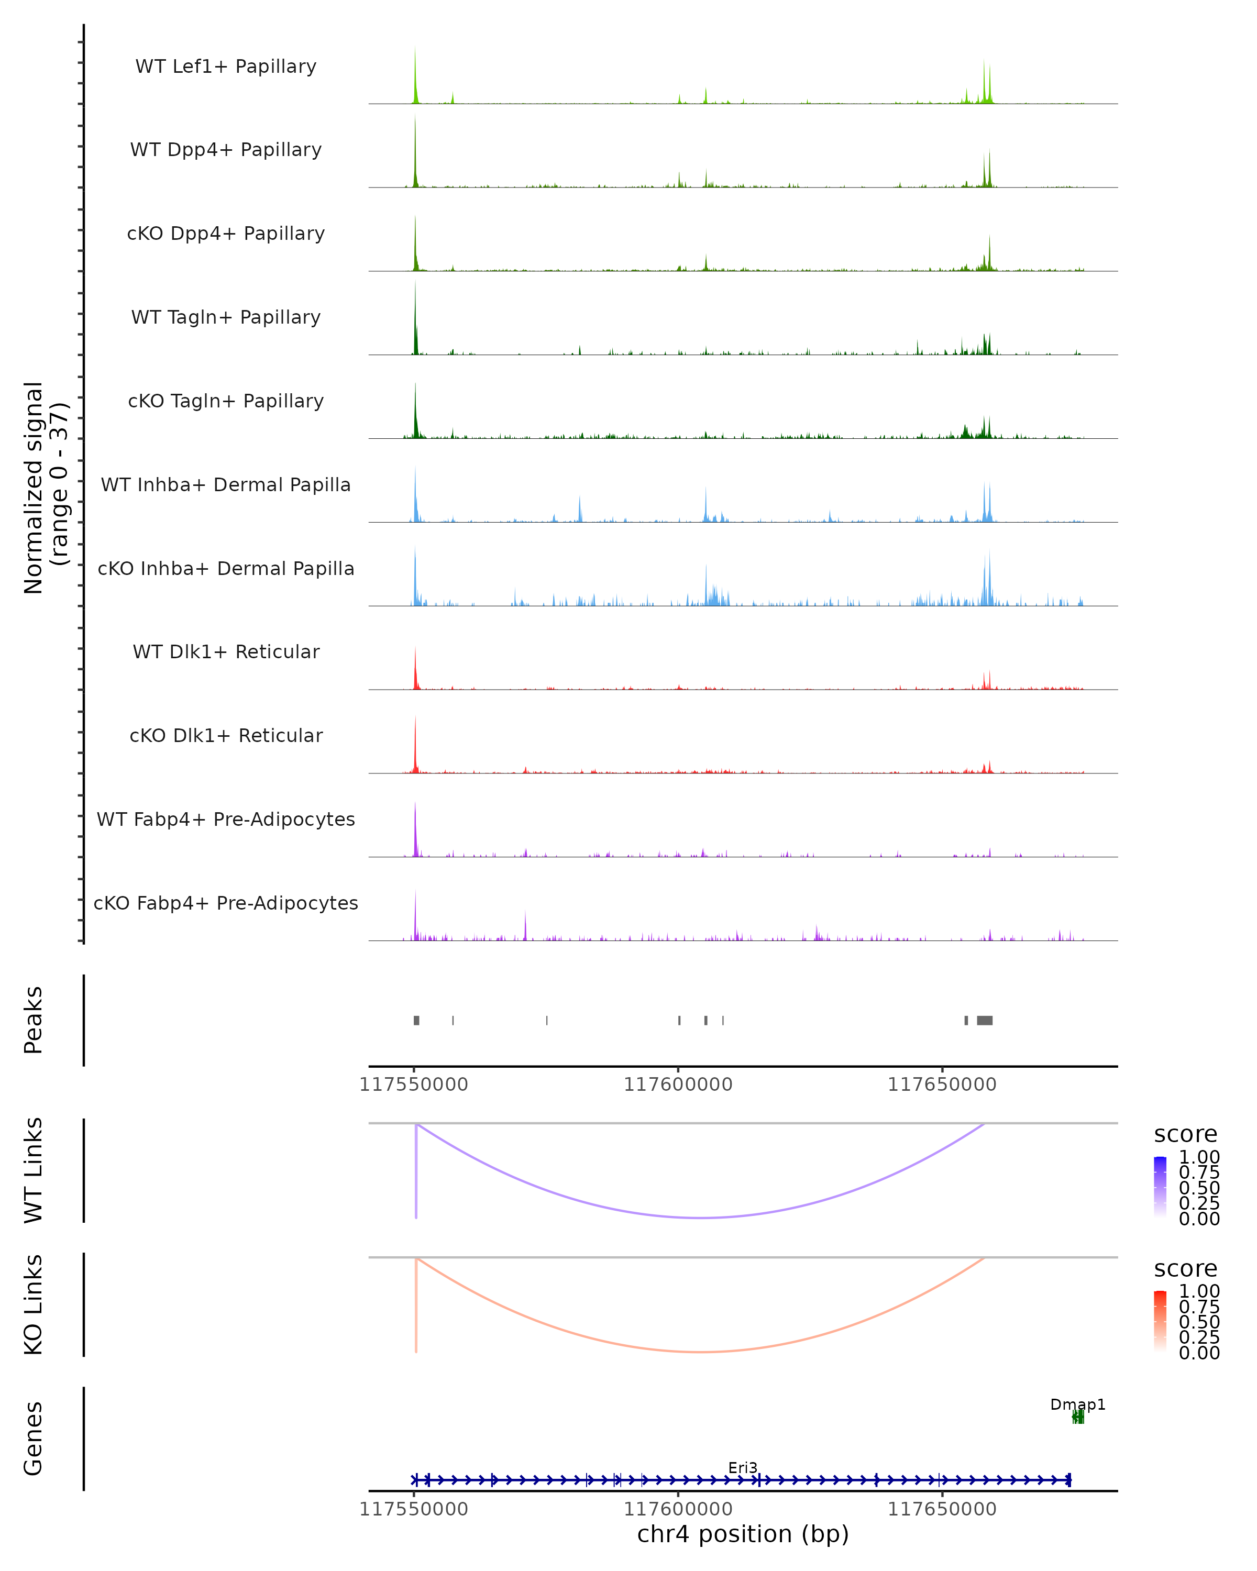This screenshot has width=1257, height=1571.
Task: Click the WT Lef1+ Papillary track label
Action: (x=226, y=67)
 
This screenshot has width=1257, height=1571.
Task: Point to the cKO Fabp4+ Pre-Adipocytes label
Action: (x=226, y=903)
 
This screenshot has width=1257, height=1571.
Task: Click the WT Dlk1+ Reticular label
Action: (x=226, y=651)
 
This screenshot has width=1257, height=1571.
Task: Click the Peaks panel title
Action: (x=34, y=1020)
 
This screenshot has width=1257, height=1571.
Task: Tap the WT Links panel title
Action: (x=34, y=1170)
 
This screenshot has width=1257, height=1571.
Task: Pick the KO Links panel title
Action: (x=34, y=1305)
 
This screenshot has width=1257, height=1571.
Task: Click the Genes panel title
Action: (x=34, y=1439)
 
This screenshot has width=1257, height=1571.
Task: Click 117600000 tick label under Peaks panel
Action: (x=678, y=1085)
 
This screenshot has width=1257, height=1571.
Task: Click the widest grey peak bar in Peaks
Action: (x=985, y=1020)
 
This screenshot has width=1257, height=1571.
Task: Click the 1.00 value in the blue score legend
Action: (x=1199, y=1157)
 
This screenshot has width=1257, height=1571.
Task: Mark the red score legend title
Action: (x=1186, y=1269)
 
